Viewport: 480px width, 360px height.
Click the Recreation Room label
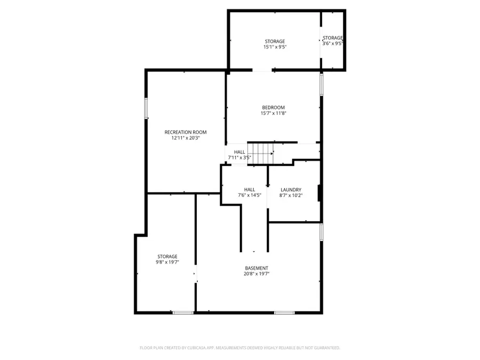(185, 132)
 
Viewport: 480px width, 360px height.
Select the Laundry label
(291, 189)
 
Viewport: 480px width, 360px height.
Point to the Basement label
(257, 268)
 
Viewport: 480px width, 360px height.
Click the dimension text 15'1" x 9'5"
(275, 47)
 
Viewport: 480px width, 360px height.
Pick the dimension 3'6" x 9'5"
(332, 44)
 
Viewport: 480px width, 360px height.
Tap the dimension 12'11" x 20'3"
(185, 138)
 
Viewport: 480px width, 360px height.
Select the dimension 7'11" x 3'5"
(239, 158)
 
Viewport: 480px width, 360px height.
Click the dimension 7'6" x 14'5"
(249, 195)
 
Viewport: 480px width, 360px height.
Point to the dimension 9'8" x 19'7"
(167, 262)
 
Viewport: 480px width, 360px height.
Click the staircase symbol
(261, 153)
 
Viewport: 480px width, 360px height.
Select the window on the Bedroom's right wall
(322, 84)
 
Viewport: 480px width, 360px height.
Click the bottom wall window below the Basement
(284, 312)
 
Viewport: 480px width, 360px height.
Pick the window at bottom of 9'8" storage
(183, 312)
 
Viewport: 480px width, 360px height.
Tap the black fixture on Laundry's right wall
(319, 193)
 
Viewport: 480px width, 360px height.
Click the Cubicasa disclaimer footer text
(239, 348)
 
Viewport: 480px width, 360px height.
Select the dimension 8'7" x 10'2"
(291, 195)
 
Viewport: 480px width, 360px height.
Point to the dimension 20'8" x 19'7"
(257, 274)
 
